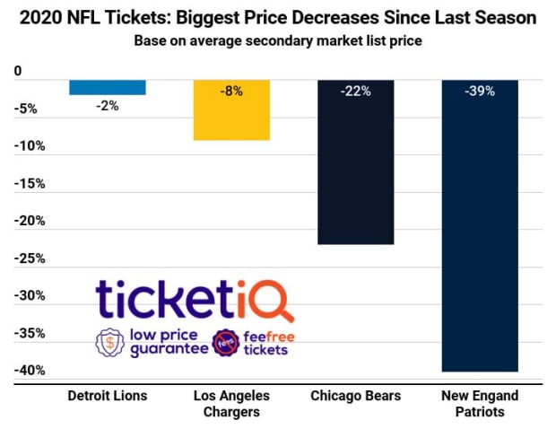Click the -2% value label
pyautogui.click(x=107, y=105)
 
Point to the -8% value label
pyautogui.click(x=231, y=91)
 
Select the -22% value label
pyautogui.click(x=356, y=91)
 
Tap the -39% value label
pyautogui.click(x=480, y=91)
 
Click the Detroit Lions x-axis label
pyautogui.click(x=108, y=396)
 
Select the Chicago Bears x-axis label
pyautogui.click(x=356, y=396)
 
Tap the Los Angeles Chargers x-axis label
pyautogui.click(x=231, y=404)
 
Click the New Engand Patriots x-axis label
pyautogui.click(x=480, y=404)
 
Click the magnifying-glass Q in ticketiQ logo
pyautogui.click(x=275, y=302)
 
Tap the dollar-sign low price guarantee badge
pyautogui.click(x=110, y=343)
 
